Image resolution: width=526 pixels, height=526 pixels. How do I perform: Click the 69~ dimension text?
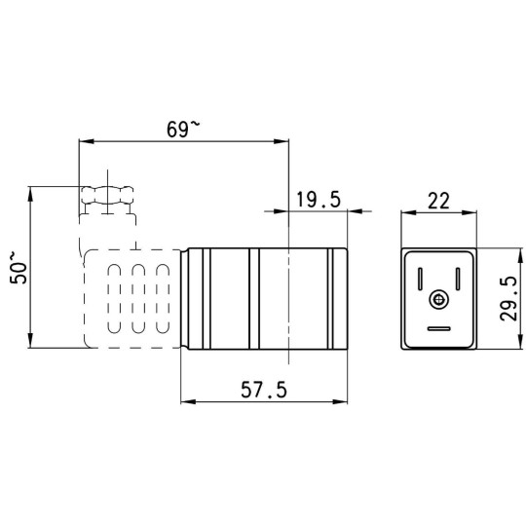click(182, 128)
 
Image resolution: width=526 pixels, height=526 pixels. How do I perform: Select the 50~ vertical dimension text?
click(17, 266)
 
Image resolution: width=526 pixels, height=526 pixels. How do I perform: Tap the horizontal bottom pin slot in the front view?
click(438, 327)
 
